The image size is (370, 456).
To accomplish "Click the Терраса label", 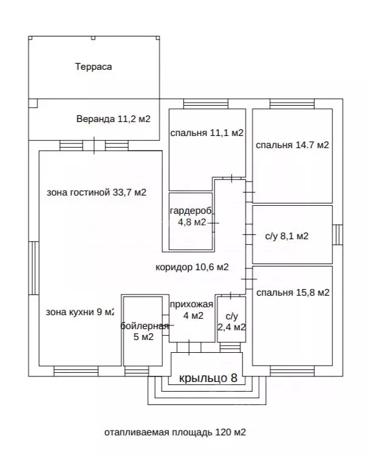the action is (x=94, y=67).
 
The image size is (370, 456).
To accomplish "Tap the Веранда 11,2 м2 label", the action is (x=114, y=119).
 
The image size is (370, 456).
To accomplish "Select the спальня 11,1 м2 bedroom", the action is (x=207, y=149).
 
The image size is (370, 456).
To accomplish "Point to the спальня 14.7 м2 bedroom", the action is (x=292, y=155).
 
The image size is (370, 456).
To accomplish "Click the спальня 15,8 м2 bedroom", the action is (x=292, y=316).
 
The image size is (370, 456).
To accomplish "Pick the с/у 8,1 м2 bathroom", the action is (x=292, y=234).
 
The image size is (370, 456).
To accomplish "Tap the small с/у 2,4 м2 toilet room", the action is (x=231, y=319).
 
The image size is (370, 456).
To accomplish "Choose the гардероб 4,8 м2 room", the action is (x=191, y=221).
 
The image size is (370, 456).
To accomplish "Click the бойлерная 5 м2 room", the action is (x=143, y=331).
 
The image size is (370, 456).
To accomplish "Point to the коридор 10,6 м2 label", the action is (x=192, y=267).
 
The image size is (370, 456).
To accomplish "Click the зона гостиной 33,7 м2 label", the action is (x=97, y=192).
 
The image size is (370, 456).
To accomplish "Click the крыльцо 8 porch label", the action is (x=208, y=378).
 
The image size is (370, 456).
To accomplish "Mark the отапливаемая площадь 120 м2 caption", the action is (x=175, y=432).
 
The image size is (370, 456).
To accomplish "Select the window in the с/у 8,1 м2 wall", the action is (x=338, y=235).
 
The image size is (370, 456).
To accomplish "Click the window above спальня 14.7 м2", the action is (x=292, y=104).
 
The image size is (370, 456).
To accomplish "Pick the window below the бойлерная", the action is (x=137, y=371).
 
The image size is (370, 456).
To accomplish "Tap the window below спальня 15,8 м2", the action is (x=292, y=371).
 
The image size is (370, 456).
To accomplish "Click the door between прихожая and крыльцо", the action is (x=189, y=347).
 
